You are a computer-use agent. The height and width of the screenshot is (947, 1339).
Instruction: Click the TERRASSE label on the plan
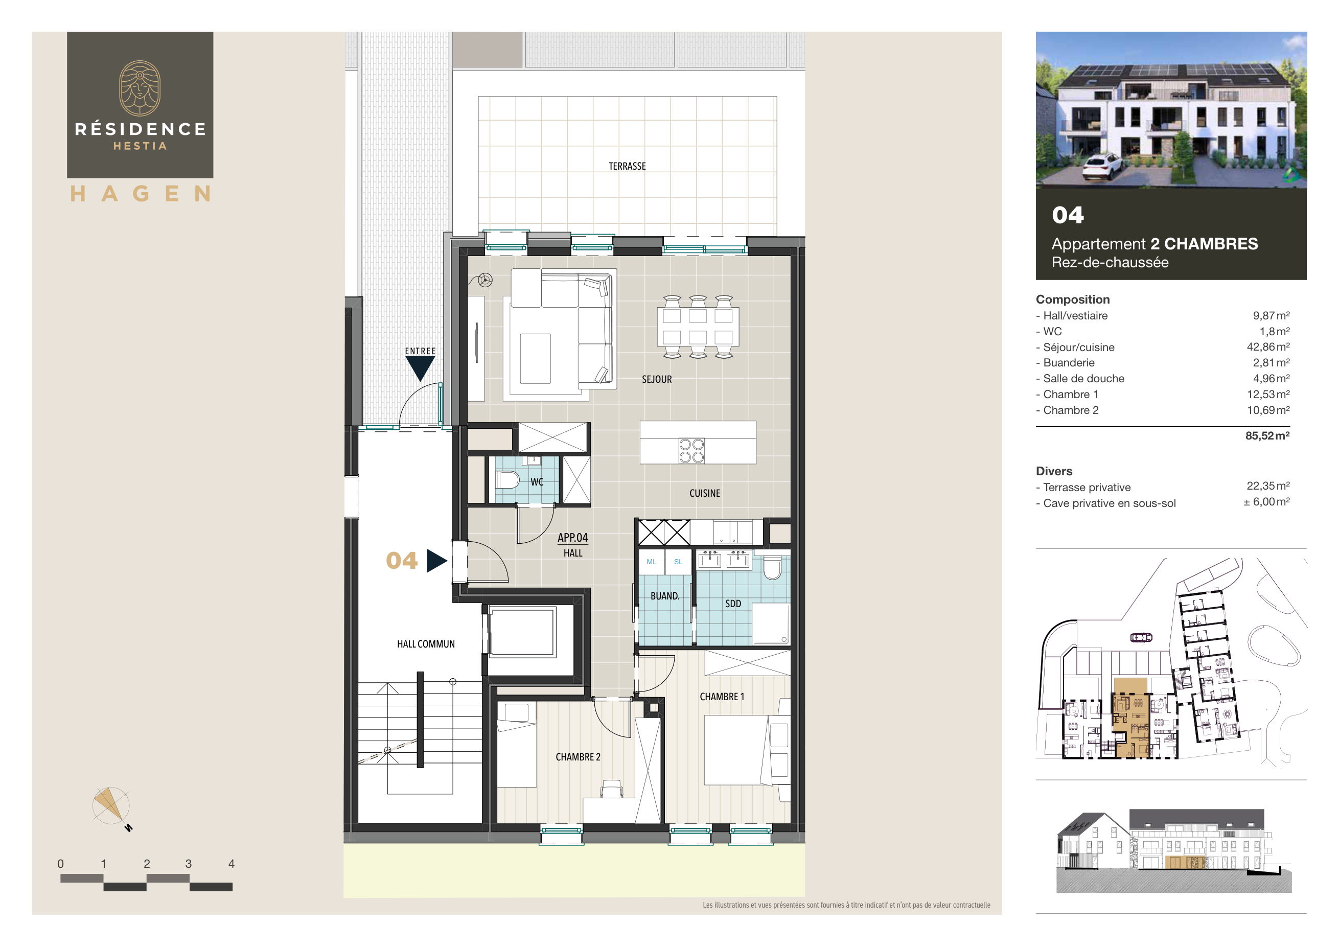pyautogui.click(x=627, y=166)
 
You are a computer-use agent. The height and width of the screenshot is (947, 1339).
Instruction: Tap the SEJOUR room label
pyautogui.click(x=657, y=379)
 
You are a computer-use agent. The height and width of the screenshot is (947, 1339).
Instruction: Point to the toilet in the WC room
pyautogui.click(x=507, y=480)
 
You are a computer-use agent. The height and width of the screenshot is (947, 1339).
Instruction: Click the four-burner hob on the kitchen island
pyautogui.click(x=691, y=451)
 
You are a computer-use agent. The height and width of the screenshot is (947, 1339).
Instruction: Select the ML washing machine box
pyautogui.click(x=652, y=562)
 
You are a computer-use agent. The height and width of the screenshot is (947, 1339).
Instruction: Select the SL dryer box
pyautogui.click(x=678, y=562)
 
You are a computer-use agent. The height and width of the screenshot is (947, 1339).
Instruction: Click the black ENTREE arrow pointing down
pyautogui.click(x=420, y=368)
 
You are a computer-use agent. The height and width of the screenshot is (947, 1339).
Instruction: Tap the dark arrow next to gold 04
pyautogui.click(x=436, y=561)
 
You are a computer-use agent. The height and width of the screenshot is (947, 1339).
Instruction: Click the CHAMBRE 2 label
pyautogui.click(x=578, y=757)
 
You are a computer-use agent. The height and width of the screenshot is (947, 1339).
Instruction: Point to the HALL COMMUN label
pyautogui.click(x=426, y=644)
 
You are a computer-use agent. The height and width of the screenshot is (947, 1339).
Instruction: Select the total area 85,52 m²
pyautogui.click(x=1267, y=435)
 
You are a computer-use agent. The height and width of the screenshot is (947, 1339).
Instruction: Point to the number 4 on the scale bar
pyautogui.click(x=231, y=864)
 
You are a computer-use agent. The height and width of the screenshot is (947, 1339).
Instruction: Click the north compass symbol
pyautogui.click(x=111, y=806)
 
